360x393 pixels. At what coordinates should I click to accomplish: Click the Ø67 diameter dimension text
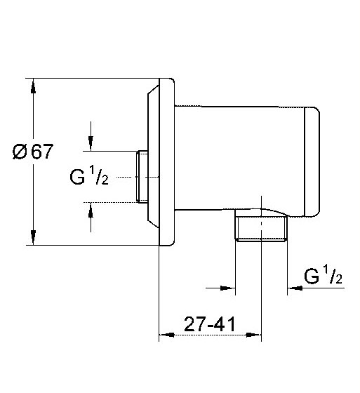(33, 152)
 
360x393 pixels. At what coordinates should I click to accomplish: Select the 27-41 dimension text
(210, 324)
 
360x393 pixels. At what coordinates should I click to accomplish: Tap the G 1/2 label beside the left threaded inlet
(89, 175)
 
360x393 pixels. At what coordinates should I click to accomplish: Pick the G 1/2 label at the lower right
(323, 275)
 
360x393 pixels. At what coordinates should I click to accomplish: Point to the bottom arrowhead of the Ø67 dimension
(33, 238)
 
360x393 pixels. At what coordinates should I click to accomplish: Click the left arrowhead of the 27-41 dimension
(167, 335)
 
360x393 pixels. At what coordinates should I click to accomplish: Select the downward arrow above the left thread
(91, 137)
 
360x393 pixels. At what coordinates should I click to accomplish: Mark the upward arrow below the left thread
(91, 218)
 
